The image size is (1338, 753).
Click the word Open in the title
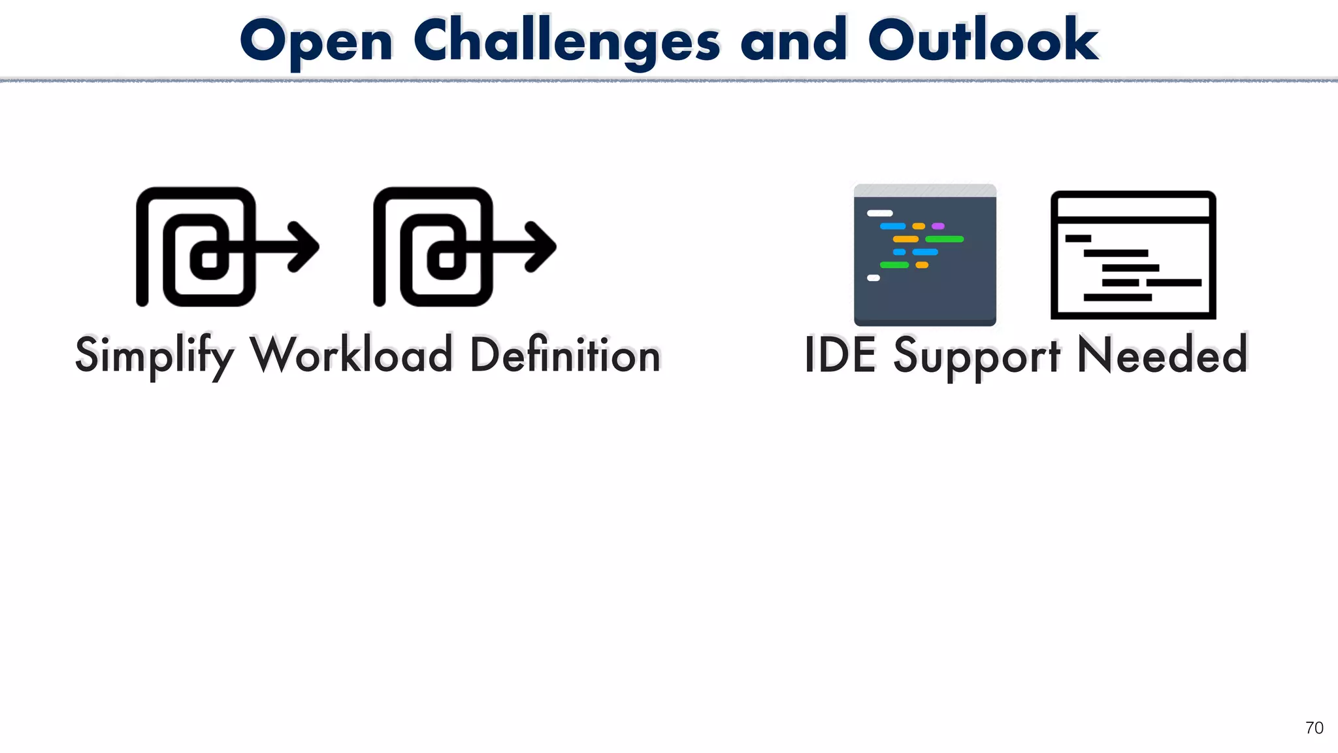pos(316,41)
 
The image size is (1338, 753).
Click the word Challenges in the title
pos(566,41)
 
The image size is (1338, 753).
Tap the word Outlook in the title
pos(983,41)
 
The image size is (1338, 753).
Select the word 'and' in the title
pos(793,41)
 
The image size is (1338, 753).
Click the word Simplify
pos(154,355)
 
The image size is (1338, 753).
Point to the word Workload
pos(351,355)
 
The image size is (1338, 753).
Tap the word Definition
pos(565,355)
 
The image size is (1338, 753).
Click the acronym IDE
pos(840,355)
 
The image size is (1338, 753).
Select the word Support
pos(976,355)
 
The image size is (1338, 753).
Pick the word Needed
pos(1162,355)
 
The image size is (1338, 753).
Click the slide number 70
pos(1314,728)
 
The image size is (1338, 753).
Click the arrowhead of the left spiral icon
pos(305,246)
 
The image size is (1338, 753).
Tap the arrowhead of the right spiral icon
pos(542,246)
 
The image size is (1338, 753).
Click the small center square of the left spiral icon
pos(209,259)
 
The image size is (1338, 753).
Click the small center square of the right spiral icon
pos(446,259)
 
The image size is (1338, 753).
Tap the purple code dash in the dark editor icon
pos(938,226)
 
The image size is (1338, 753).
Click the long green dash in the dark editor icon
pos(944,239)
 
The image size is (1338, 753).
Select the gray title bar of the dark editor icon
pos(924,190)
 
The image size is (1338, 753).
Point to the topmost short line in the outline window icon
pos(1078,239)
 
